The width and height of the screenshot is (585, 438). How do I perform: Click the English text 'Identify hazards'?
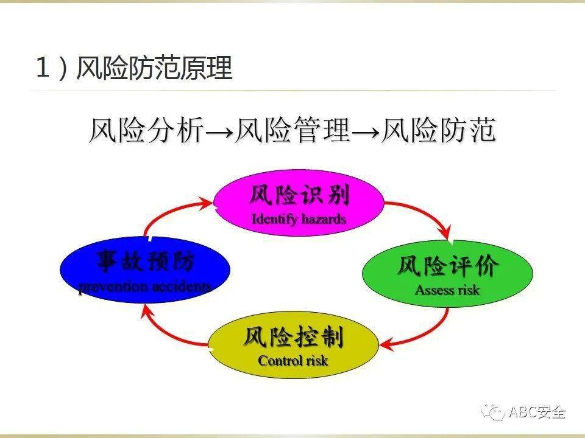click(x=299, y=219)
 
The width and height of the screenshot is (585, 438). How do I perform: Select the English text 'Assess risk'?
click(x=447, y=290)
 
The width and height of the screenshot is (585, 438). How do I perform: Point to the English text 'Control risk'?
click(x=293, y=361)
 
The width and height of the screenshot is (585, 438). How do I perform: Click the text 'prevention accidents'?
click(x=145, y=287)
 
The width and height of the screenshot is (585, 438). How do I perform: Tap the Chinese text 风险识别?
click(x=299, y=196)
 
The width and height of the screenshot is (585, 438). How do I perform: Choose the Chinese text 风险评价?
click(x=448, y=266)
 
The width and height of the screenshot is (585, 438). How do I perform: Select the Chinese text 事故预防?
click(x=145, y=262)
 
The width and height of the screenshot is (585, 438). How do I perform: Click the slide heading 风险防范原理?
click(x=154, y=68)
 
